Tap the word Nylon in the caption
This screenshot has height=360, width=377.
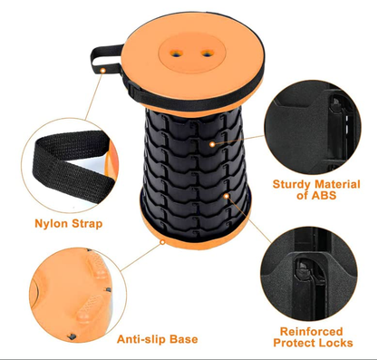[x=53, y=223]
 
